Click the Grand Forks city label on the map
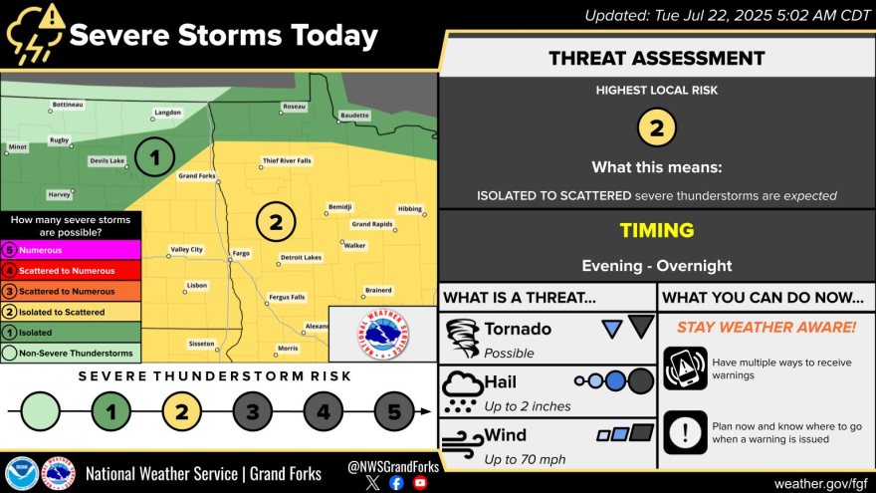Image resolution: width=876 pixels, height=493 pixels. coord(197,176)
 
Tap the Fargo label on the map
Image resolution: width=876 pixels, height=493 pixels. coord(241,253)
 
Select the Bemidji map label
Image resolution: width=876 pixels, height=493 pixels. coord(339,207)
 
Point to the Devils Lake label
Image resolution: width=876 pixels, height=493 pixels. coord(108,161)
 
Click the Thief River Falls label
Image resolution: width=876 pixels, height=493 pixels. coord(287,161)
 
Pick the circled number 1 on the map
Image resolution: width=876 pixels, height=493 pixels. coord(154,157)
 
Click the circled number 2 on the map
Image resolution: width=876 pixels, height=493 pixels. coord(276,222)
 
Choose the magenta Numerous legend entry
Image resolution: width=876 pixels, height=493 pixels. coord(71,250)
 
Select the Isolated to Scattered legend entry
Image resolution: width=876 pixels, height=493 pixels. coord(71,312)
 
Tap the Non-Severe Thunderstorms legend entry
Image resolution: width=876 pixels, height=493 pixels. coord(71,354)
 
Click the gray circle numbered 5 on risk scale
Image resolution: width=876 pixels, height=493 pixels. coord(394,412)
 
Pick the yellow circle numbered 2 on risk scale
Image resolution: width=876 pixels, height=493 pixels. coord(181,412)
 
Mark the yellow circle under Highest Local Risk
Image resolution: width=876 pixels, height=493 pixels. coord(656,127)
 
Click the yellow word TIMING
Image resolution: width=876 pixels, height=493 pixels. coord(656,230)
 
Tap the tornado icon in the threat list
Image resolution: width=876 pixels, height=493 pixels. coord(463,339)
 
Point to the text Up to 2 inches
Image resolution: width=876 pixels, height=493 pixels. coord(528,406)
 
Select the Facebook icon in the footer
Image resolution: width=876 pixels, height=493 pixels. coord(396,483)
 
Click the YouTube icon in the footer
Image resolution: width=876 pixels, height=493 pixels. coord(420,483)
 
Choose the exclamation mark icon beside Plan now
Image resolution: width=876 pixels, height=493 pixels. coord(686,432)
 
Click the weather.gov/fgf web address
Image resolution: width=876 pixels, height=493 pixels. coord(820,483)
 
